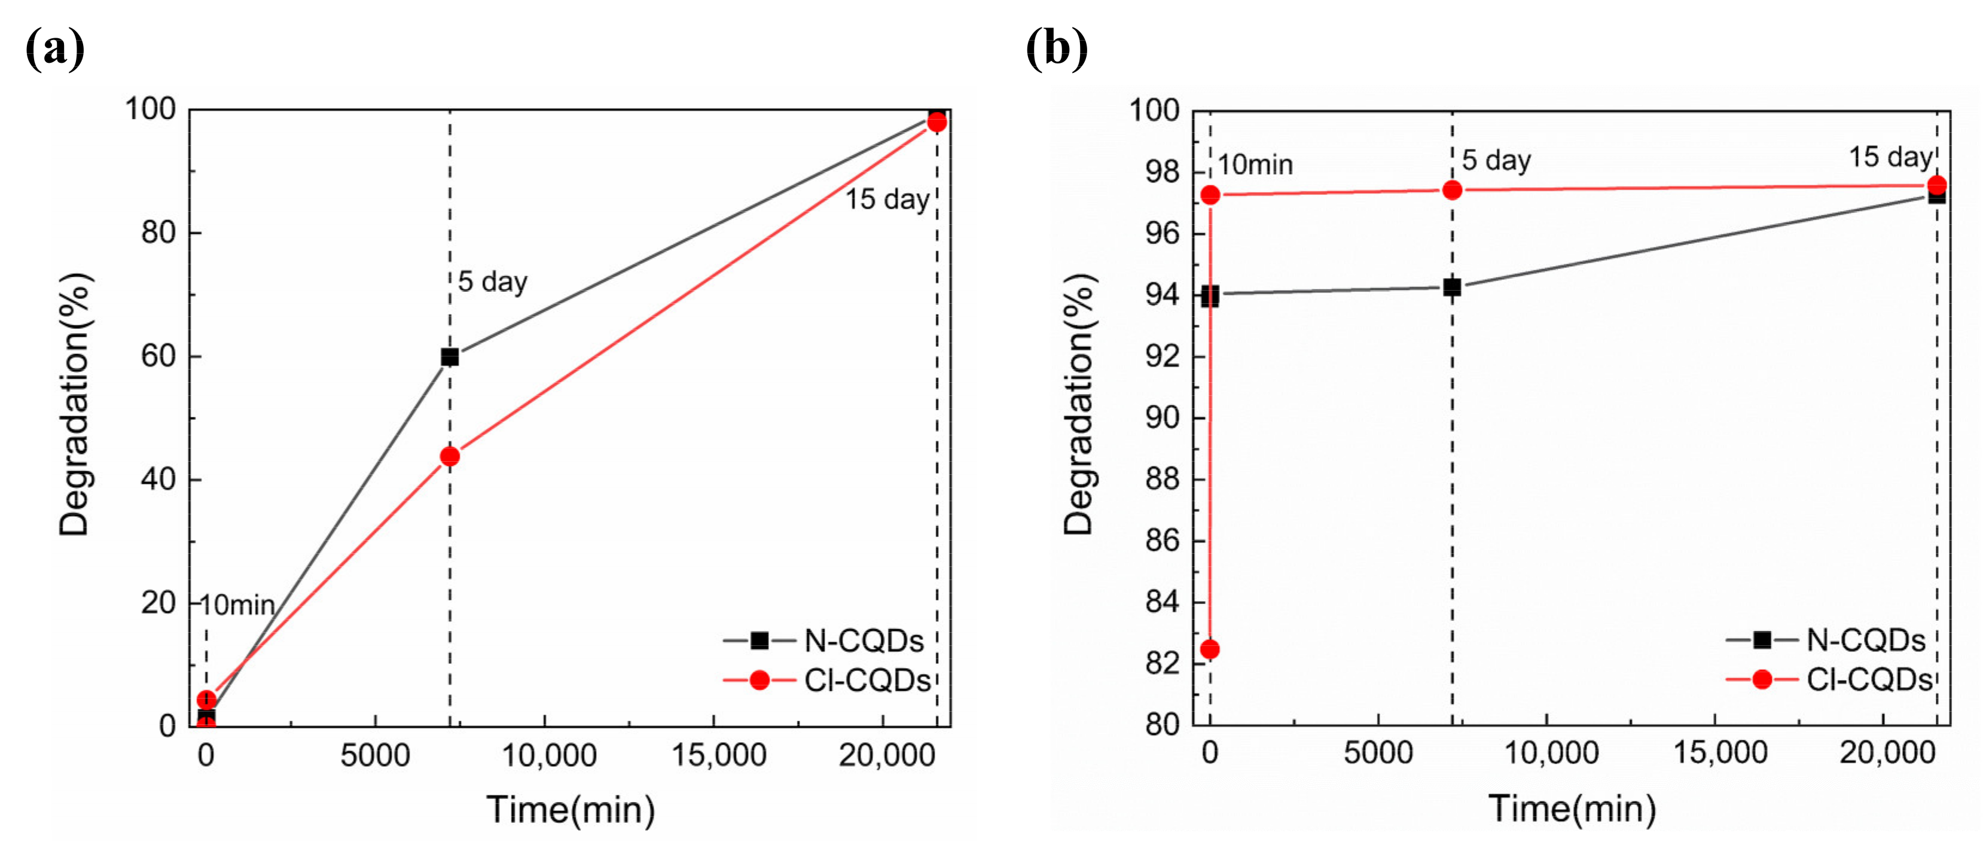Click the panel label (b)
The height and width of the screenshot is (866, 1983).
point(1056,48)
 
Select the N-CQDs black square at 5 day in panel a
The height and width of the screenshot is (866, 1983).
point(450,356)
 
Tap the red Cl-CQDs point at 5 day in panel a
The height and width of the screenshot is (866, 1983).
point(450,456)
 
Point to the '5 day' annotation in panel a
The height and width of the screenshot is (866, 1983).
point(492,282)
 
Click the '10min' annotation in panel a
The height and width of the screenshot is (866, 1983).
point(237,605)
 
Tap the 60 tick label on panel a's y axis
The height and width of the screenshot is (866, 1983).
point(158,356)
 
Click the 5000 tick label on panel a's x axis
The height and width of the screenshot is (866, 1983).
point(375,756)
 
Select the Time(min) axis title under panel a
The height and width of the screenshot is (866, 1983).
point(571,810)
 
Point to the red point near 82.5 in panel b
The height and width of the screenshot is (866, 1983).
point(1209,649)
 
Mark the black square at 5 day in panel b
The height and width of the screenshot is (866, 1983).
point(1452,287)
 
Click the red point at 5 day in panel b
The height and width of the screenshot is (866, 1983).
point(1452,190)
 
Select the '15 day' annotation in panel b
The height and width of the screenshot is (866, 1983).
point(1890,157)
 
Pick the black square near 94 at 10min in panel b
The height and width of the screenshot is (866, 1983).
point(1209,295)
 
